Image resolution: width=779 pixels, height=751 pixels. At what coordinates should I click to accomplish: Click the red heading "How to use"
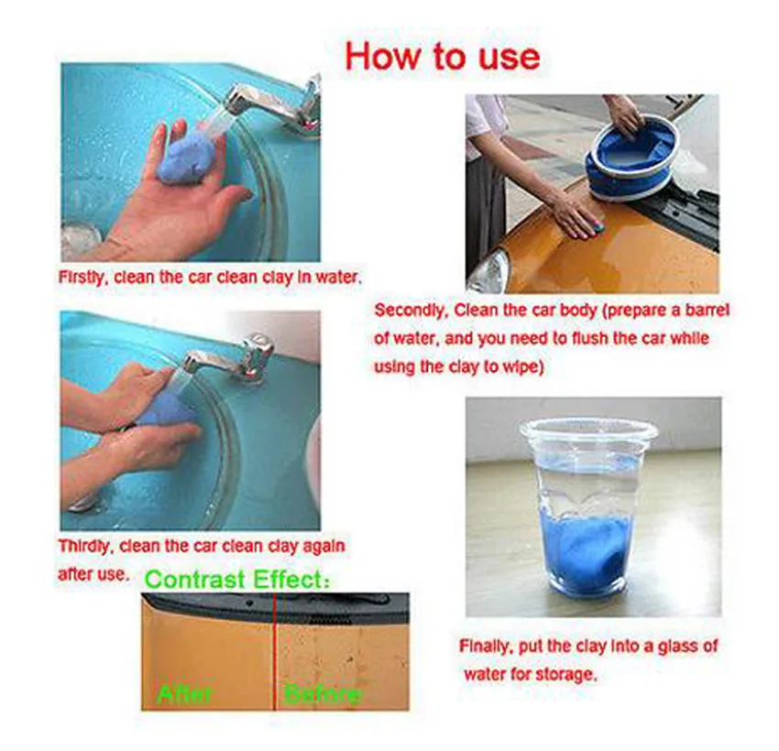(x=442, y=56)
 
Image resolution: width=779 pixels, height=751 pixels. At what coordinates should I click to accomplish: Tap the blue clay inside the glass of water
(x=587, y=552)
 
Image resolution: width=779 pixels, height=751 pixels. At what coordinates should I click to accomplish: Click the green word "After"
(x=184, y=693)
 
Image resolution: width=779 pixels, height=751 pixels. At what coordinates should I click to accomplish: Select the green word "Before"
(x=323, y=693)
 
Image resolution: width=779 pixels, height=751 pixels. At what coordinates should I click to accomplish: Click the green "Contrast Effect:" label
(x=237, y=579)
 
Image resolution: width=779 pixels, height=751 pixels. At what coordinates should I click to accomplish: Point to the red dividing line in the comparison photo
(x=274, y=651)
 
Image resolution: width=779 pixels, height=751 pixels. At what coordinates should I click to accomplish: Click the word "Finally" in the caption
(x=486, y=647)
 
